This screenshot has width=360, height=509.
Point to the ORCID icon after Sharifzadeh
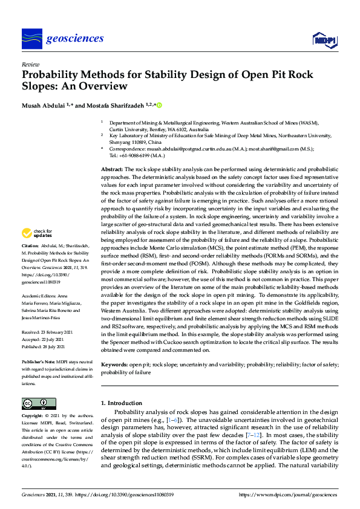click(x=160, y=105)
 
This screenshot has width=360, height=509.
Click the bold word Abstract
click(x=111, y=169)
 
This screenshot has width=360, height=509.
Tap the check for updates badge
click(x=37, y=233)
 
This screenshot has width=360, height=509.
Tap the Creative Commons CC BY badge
click(x=35, y=403)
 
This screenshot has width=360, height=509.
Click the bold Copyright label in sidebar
click(x=33, y=417)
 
